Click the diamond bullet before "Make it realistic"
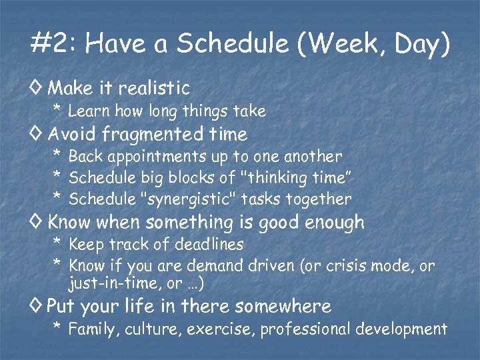[x=37, y=87]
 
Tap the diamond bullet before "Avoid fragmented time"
[x=37, y=134]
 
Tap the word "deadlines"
[x=209, y=245]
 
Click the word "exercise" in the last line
[x=225, y=329]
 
